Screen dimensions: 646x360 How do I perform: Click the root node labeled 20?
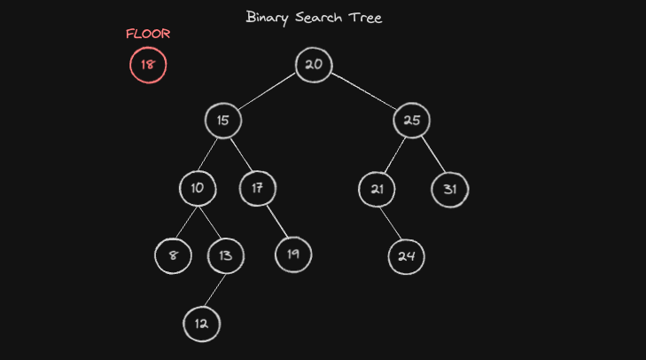pos(314,65)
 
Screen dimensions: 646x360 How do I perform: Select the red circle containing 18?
pos(148,65)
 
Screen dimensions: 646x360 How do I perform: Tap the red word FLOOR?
pos(148,34)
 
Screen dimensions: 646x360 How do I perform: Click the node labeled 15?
pos(223,121)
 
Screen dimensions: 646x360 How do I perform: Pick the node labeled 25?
pos(411,121)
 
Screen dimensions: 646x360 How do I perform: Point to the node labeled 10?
pos(198,189)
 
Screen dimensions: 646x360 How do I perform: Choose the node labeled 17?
pos(258,189)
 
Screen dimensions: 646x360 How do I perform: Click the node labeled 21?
pos(377,189)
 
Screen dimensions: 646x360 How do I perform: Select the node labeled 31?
pos(450,189)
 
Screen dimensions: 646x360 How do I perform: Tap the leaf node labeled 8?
pos(173,255)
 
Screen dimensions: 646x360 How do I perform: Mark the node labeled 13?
pos(226,255)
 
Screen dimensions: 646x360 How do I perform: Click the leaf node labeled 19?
pos(293,254)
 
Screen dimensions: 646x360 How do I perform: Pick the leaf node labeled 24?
pos(406,256)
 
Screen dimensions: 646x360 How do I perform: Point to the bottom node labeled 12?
pos(201,324)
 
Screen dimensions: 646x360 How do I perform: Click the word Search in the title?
pos(318,18)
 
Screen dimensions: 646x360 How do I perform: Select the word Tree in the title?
pos(365,18)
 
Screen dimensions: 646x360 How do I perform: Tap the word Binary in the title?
pos(268,18)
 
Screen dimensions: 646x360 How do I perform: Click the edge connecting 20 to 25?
pos(364,91)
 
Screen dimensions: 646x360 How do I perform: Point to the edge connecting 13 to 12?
pos(215,290)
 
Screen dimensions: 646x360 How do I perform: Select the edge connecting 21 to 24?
pos(390,223)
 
